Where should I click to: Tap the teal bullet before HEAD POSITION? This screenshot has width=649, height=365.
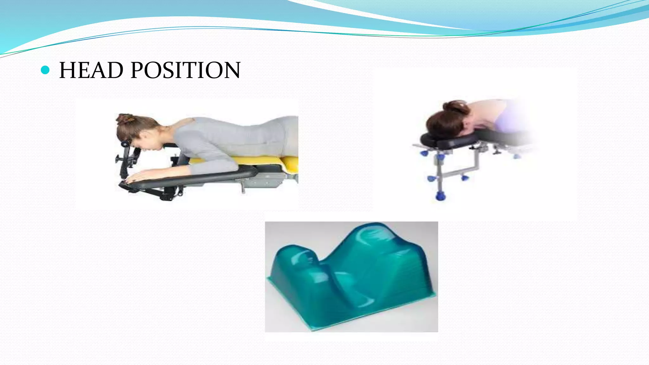46,70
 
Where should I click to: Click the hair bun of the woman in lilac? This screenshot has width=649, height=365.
456,107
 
